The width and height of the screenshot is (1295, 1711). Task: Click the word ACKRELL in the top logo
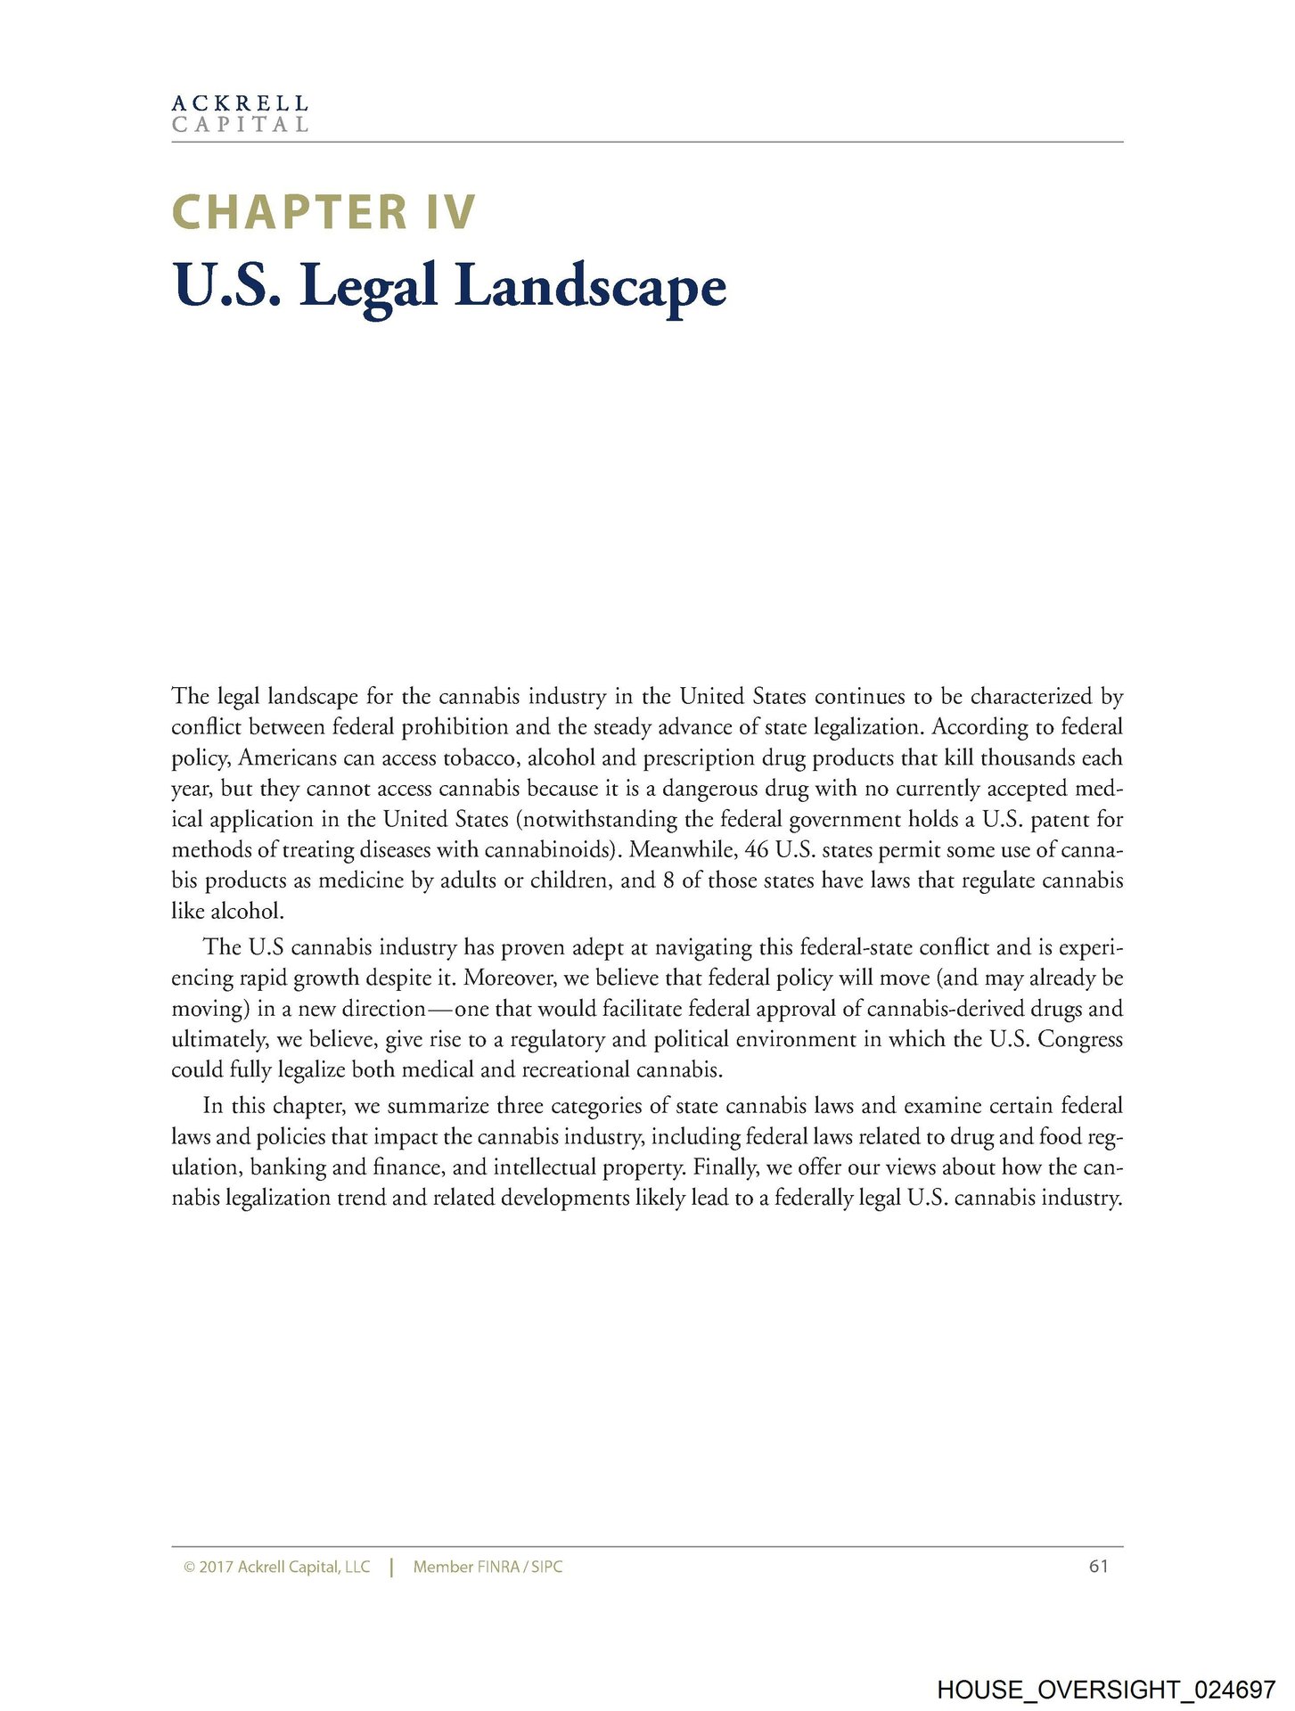tap(240, 103)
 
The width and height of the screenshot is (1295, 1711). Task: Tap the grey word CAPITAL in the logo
tap(240, 125)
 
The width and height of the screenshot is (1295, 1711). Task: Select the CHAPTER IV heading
tap(324, 213)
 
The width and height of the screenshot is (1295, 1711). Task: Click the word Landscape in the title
tap(590, 287)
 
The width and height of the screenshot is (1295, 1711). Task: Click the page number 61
tap(1098, 1566)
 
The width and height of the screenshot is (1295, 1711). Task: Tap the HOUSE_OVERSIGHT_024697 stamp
tap(1106, 1665)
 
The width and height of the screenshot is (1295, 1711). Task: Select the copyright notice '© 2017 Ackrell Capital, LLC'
tap(276, 1567)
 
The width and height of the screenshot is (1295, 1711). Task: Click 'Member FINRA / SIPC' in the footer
tap(488, 1567)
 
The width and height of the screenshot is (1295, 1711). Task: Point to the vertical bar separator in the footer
tap(391, 1567)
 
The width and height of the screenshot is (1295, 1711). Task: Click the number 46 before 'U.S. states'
tap(758, 850)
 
